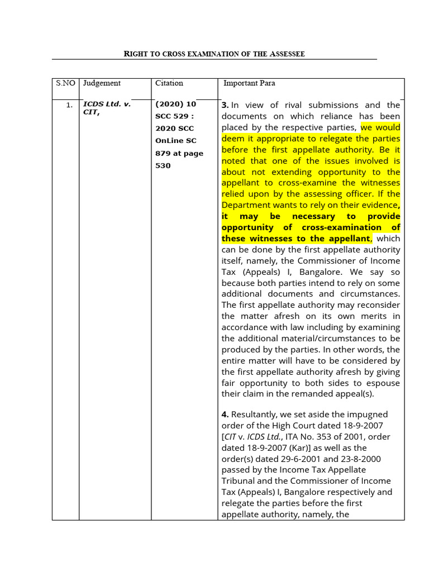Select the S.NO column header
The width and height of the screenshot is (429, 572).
(65, 83)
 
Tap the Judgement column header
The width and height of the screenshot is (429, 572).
(102, 83)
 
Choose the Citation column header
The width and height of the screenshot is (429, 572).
(169, 83)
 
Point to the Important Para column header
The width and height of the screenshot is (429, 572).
(249, 83)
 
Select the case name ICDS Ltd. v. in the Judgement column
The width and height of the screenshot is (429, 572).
(107, 104)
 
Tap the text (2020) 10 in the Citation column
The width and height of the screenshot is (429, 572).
(176, 104)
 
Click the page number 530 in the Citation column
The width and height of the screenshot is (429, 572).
(163, 166)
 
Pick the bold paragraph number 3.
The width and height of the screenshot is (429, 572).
(225, 105)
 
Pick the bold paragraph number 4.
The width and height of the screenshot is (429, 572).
(225, 414)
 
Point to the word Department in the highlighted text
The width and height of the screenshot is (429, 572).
(246, 205)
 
